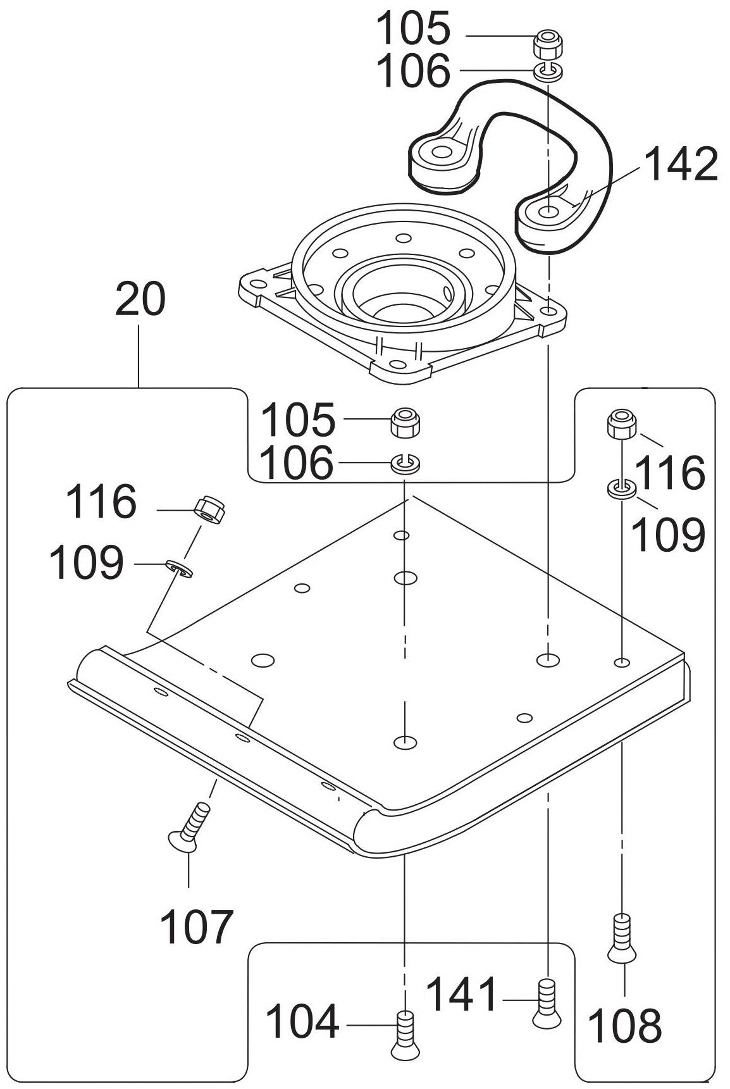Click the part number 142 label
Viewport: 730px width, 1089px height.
682,165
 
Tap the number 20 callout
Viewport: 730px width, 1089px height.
140,300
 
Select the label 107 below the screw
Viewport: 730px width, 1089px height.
196,927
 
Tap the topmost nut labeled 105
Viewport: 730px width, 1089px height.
547,44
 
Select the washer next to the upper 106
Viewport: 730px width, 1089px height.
548,71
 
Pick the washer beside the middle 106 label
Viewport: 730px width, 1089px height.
404,463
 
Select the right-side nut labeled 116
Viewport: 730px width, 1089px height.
621,424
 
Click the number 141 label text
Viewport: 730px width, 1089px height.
462,994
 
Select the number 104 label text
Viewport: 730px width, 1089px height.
302,1023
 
